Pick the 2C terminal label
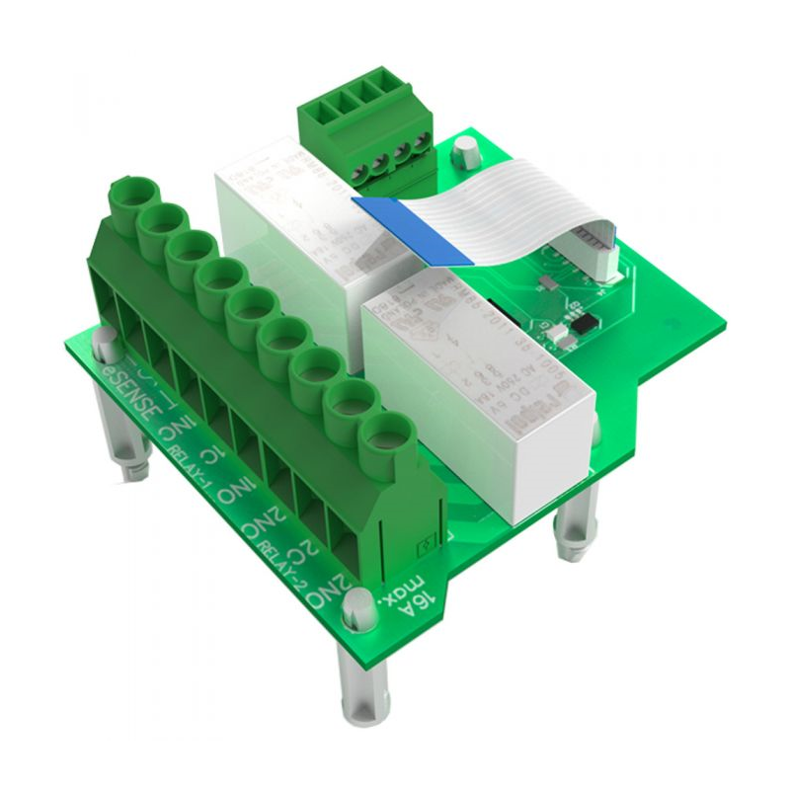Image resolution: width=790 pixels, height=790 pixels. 297,540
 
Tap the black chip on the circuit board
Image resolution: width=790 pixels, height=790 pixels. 585,323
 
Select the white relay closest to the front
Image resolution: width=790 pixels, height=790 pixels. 484,395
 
